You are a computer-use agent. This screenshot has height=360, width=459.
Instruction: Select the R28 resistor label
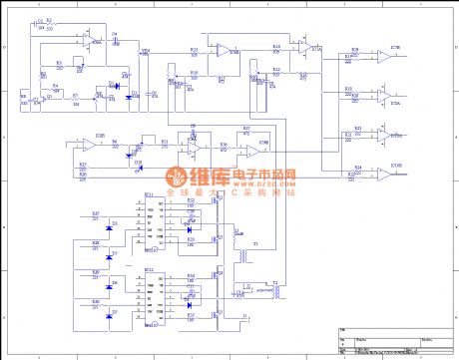tap(96, 244)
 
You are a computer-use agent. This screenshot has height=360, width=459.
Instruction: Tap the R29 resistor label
tap(96, 273)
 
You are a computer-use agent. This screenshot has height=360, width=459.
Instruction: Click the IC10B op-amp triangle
tap(383, 57)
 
